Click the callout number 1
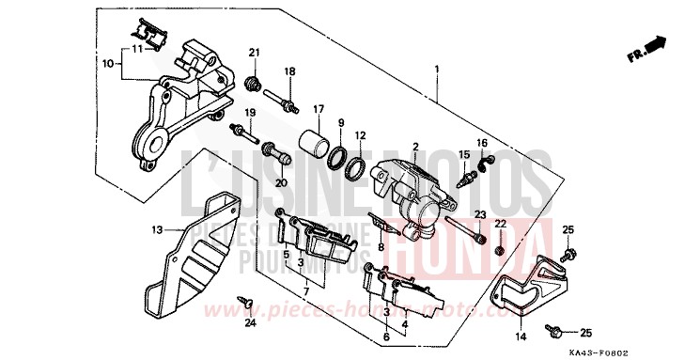437,70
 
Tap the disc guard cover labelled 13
200,254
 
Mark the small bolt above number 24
246,302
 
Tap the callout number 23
479,214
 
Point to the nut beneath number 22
500,251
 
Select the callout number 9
341,123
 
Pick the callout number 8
381,248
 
